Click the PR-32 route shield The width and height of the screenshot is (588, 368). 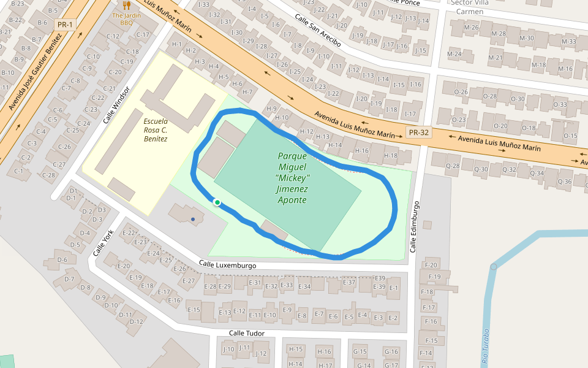click(419, 132)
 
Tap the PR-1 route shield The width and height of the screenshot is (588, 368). click(64, 25)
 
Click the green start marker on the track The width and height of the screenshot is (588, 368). click(217, 202)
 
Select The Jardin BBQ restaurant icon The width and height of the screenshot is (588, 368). click(127, 5)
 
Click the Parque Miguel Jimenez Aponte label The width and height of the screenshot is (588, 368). click(292, 178)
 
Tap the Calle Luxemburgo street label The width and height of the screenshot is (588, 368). click(227, 265)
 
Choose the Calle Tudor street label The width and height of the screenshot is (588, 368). click(246, 333)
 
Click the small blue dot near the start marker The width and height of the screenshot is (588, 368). click(193, 219)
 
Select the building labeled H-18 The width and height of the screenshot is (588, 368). click(390, 156)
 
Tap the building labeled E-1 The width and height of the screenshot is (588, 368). click(393, 288)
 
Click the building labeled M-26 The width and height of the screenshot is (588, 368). click(471, 27)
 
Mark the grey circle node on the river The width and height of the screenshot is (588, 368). click(494, 266)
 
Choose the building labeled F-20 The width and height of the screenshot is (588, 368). click(431, 265)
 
